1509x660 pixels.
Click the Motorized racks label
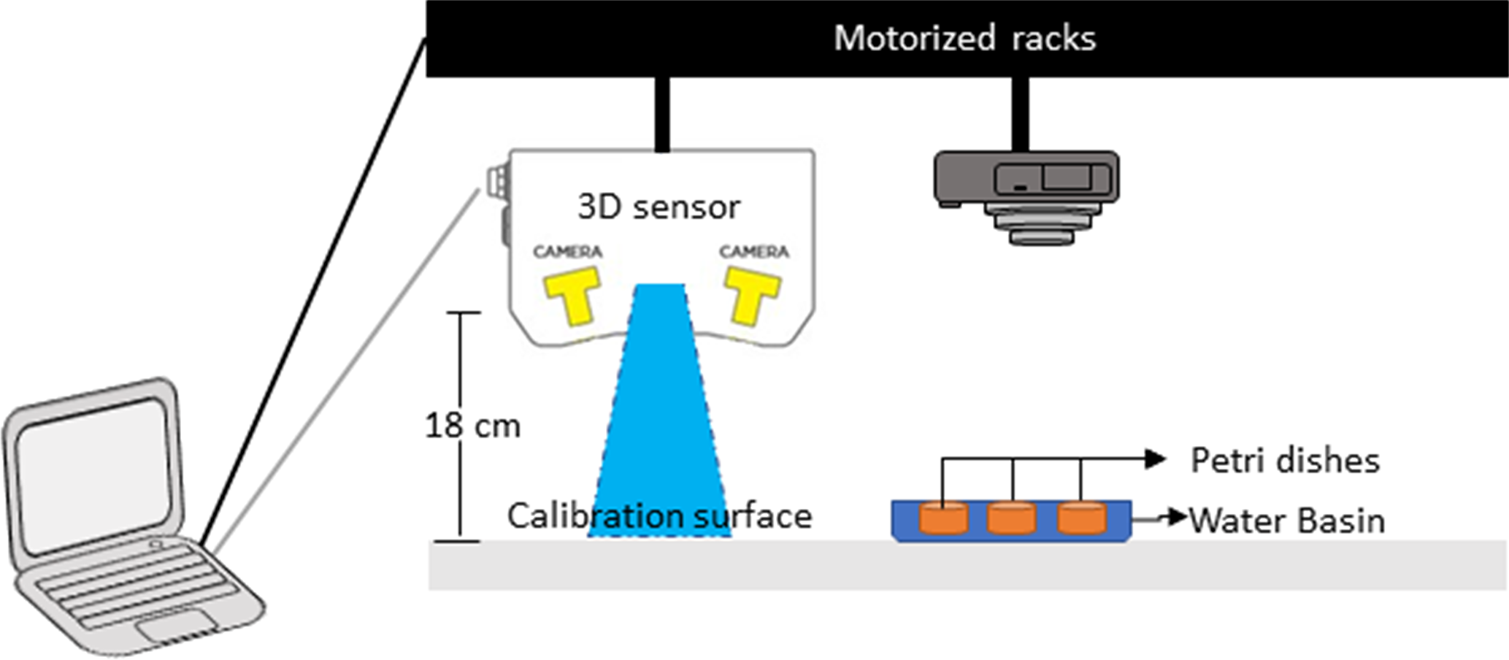point(964,38)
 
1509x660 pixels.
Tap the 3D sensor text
point(658,207)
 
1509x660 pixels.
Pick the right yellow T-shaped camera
point(752,295)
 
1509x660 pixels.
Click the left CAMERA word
point(567,252)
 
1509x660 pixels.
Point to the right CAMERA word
point(754,252)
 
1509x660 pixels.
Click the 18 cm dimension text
point(472,426)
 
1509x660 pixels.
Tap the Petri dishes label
point(1285,461)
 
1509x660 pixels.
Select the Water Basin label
point(1287,521)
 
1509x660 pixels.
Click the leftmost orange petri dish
point(943,518)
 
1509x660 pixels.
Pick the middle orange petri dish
point(1011,518)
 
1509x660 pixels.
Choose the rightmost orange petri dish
point(1081,518)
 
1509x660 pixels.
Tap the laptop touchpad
point(176,627)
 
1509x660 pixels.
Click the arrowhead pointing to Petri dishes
point(1156,458)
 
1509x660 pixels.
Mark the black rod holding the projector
point(1020,113)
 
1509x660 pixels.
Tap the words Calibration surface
point(659,516)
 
